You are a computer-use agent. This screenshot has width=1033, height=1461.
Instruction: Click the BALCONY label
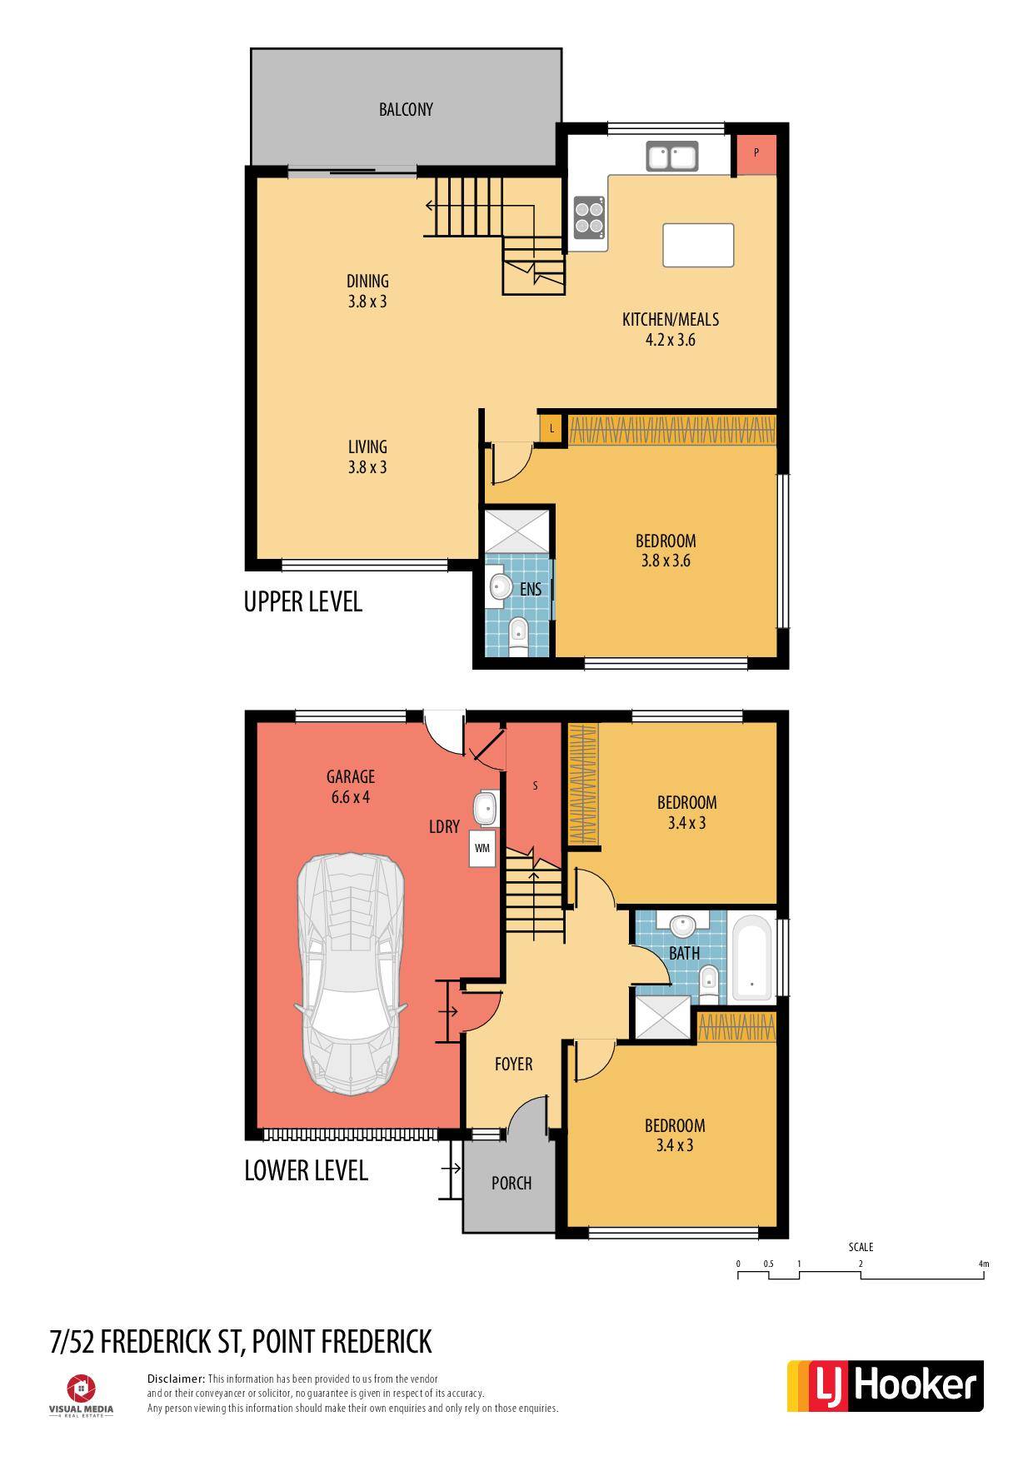pyautogui.click(x=406, y=109)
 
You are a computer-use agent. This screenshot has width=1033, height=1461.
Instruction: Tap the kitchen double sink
pyautogui.click(x=672, y=157)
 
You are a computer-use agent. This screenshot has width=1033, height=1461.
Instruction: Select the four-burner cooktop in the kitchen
pyautogui.click(x=589, y=217)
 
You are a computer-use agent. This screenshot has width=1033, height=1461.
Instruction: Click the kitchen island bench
pyautogui.click(x=698, y=245)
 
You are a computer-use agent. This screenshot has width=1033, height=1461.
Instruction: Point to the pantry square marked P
pyautogui.click(x=756, y=154)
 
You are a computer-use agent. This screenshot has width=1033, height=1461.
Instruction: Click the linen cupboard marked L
pyautogui.click(x=551, y=429)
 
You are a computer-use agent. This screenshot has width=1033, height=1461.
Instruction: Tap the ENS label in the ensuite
pyautogui.click(x=531, y=589)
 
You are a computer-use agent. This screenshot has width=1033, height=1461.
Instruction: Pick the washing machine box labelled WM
pyautogui.click(x=482, y=848)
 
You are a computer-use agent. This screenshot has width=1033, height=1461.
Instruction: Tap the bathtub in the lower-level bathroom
pyautogui.click(x=752, y=957)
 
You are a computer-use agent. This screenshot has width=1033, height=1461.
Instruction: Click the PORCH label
pyautogui.click(x=512, y=1183)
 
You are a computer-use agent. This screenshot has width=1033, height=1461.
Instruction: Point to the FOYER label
pyautogui.click(x=513, y=1064)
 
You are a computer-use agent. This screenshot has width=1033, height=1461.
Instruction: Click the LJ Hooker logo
pyautogui.click(x=886, y=1386)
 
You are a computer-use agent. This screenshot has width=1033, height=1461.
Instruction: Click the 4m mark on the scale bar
pyautogui.click(x=984, y=1264)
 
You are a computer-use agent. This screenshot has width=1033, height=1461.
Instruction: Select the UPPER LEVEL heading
pyautogui.click(x=303, y=601)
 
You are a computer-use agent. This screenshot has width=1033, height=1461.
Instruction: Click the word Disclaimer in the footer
pyautogui.click(x=176, y=1379)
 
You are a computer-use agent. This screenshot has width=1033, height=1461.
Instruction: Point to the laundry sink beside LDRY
pyautogui.click(x=484, y=808)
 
